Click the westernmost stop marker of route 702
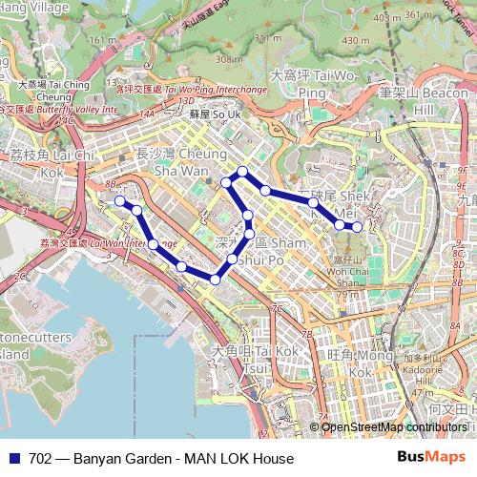[x=120, y=201]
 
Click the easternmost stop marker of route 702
[x=357, y=227]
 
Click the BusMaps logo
[x=431, y=458]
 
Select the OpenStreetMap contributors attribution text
[x=393, y=426]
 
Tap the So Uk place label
[x=209, y=114]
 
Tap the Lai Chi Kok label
[x=52, y=162]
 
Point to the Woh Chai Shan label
[x=349, y=277]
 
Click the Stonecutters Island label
[x=24, y=345]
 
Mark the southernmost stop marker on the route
[x=217, y=280]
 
